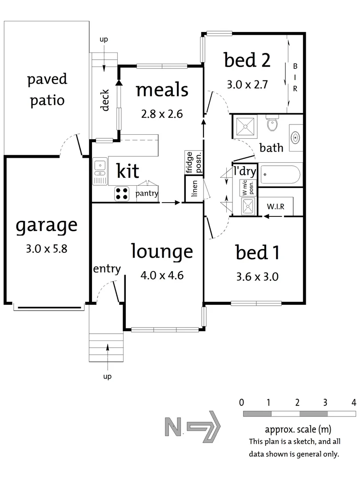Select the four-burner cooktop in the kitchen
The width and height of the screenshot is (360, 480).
tap(121, 194)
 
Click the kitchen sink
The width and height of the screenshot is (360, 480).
tap(100, 172)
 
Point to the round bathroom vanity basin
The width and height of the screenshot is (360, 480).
tap(295, 137)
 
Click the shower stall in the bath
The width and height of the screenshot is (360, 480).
tap(245, 126)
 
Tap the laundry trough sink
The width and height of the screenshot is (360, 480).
tap(248, 206)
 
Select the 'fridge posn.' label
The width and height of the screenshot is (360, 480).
tap(194, 162)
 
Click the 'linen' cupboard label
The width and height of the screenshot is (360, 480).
tap(194, 188)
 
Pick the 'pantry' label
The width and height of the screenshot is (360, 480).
tap(147, 193)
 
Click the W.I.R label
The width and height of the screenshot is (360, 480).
tap(276, 207)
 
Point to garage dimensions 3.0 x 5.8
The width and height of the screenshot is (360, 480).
tap(47, 248)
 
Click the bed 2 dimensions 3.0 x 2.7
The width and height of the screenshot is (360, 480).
tap(248, 84)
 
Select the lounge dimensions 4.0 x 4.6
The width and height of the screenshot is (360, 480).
tap(162, 275)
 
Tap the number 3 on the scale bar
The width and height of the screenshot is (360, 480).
tap(325, 402)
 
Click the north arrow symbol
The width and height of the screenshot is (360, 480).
tap(193, 427)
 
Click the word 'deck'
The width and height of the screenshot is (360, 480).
tap(105, 100)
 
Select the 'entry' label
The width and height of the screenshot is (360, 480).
tap(107, 269)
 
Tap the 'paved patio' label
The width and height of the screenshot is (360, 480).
tap(47, 90)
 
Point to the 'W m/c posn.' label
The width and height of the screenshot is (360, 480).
tap(248, 188)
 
